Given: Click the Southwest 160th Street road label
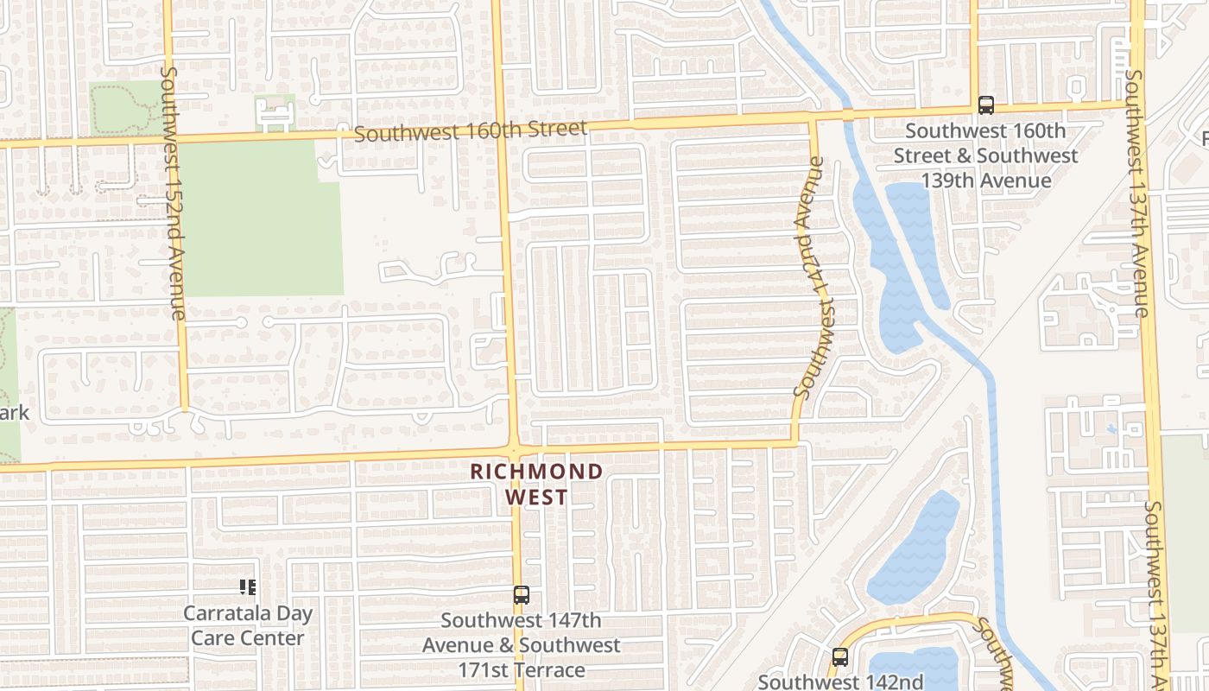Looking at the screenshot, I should [x=470, y=131].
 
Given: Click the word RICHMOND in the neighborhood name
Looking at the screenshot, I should [x=536, y=472].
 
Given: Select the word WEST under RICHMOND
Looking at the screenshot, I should [x=536, y=498].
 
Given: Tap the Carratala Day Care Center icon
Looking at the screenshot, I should [x=248, y=587].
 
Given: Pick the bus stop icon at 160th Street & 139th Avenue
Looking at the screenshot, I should [x=985, y=105].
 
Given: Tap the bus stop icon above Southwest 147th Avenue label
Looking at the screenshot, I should [x=521, y=594].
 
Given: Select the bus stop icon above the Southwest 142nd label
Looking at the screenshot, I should [x=839, y=656].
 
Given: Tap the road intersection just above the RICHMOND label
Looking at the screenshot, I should [x=515, y=448].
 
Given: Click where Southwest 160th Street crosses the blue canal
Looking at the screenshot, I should [x=847, y=114].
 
